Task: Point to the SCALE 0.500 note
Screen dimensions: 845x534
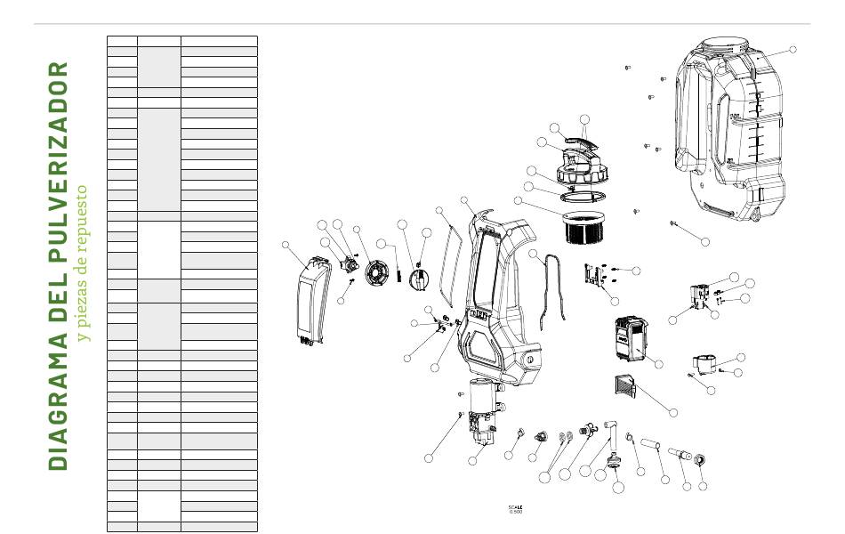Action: click(x=516, y=509)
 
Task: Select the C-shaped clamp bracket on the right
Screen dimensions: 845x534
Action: click(x=709, y=363)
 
